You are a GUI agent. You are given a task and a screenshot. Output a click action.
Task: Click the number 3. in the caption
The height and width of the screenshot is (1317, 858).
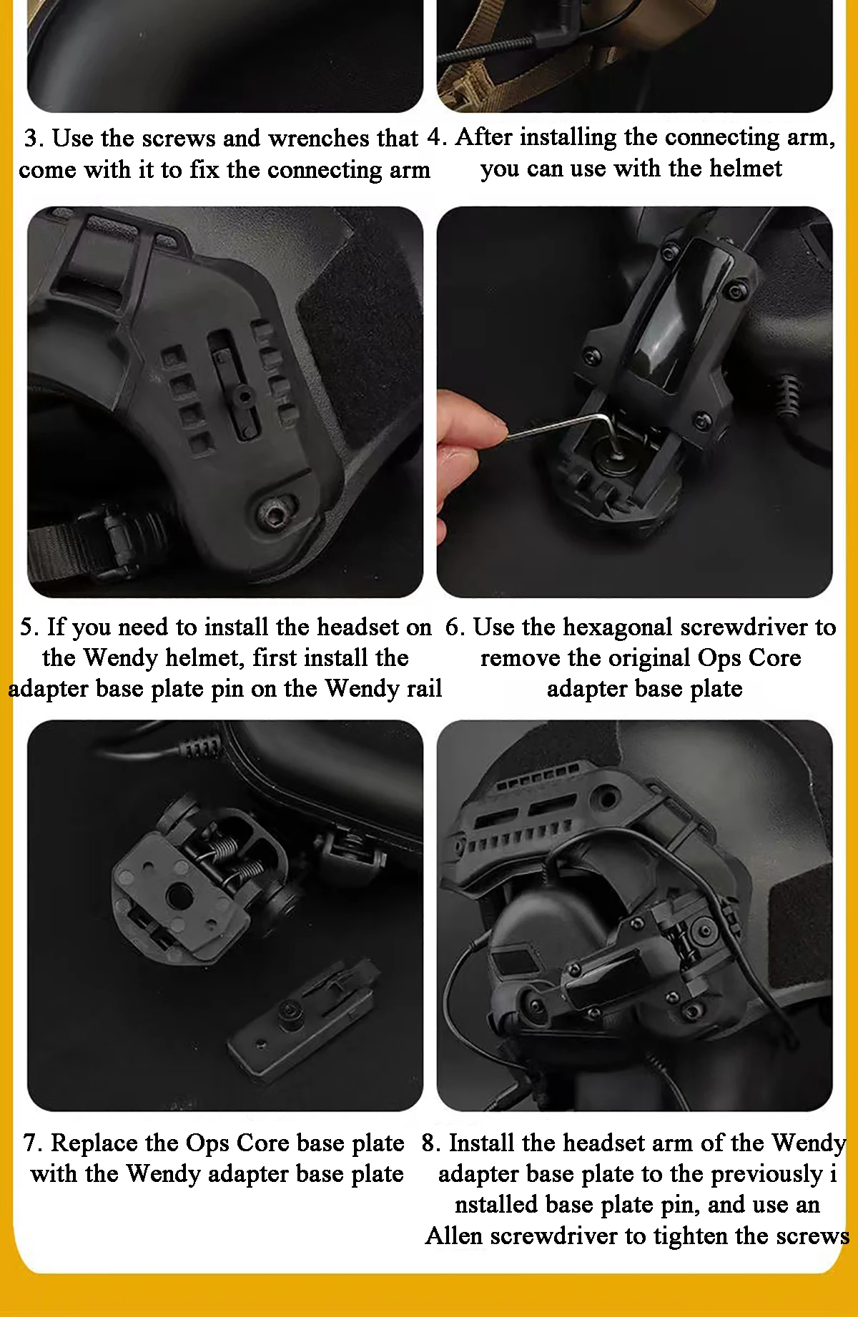coord(34,138)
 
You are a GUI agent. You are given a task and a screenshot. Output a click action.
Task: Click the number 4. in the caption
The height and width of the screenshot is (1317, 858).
coord(437,136)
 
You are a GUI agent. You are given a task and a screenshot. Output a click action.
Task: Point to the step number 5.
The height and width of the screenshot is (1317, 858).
coord(29,627)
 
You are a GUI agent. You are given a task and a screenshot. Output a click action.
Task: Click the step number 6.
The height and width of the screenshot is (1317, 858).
coord(455,627)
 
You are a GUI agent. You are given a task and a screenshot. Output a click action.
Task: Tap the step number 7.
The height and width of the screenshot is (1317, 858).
coord(32,1143)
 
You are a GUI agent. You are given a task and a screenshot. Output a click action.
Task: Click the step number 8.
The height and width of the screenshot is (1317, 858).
coord(430,1143)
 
